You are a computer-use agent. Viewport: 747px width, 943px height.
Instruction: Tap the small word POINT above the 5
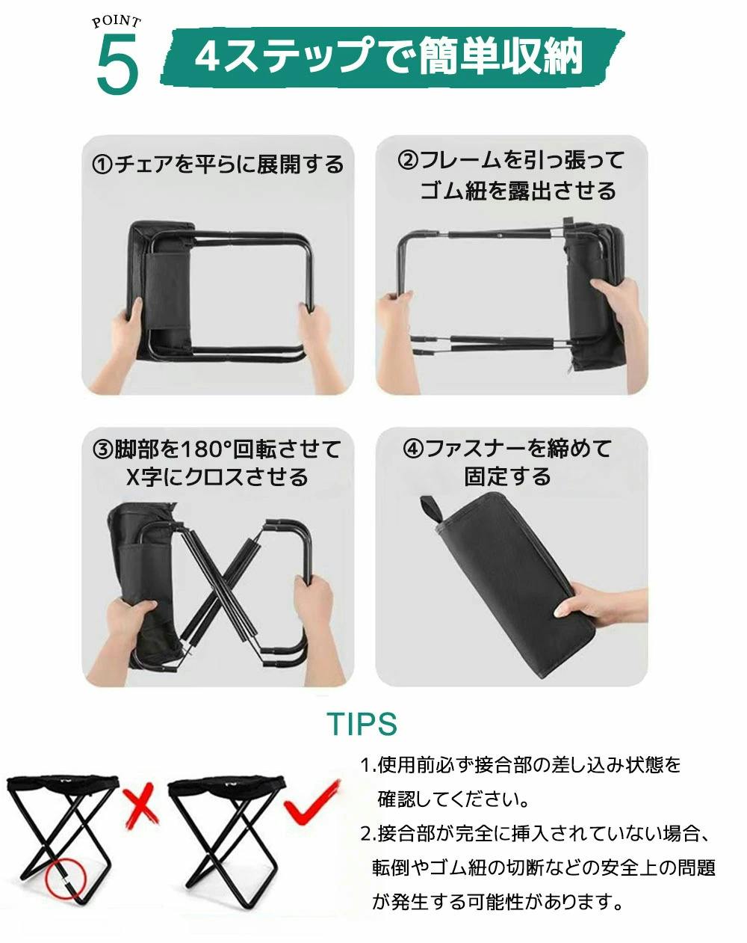117,22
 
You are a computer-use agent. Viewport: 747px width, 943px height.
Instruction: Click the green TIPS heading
362,723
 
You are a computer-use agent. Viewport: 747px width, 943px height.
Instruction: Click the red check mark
311,801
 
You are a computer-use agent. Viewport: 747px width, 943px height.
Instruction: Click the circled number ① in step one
102,165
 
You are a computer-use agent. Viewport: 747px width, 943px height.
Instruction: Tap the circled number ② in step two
408,160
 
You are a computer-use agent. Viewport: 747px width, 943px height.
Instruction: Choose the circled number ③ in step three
103,450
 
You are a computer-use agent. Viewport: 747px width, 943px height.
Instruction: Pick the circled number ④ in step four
413,449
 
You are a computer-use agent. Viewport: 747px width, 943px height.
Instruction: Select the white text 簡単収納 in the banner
500,57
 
